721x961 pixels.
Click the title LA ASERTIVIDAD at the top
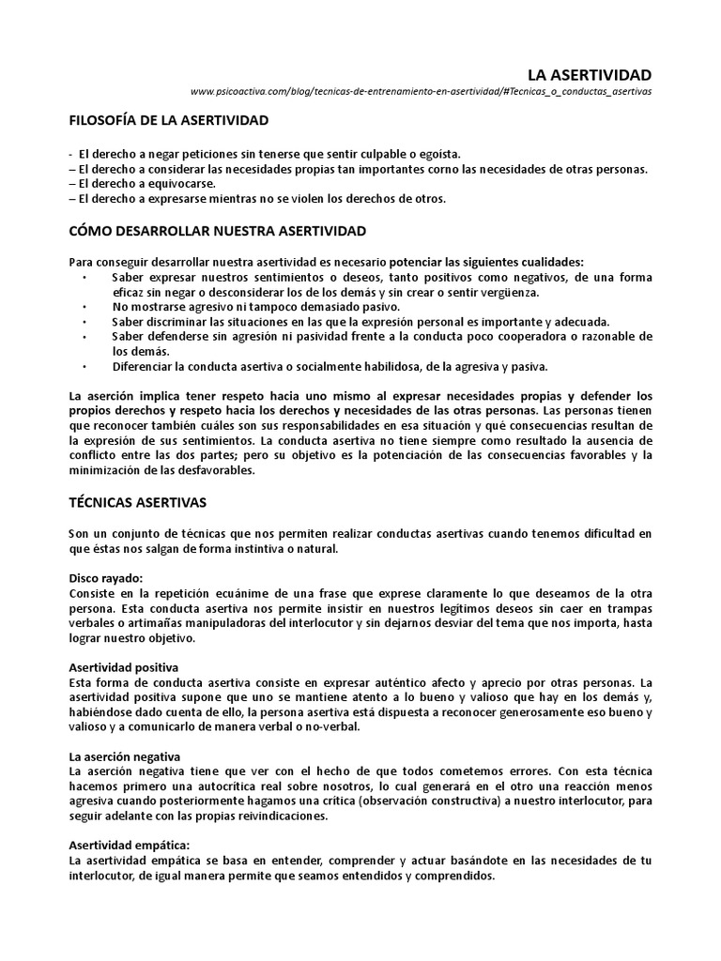click(588, 74)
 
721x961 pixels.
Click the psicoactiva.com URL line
click(421, 92)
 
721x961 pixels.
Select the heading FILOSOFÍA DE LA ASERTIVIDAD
click(169, 121)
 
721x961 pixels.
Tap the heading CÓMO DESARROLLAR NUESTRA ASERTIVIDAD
click(218, 230)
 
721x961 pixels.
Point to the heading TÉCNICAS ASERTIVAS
click(138, 503)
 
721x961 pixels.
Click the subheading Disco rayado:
click(105, 579)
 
